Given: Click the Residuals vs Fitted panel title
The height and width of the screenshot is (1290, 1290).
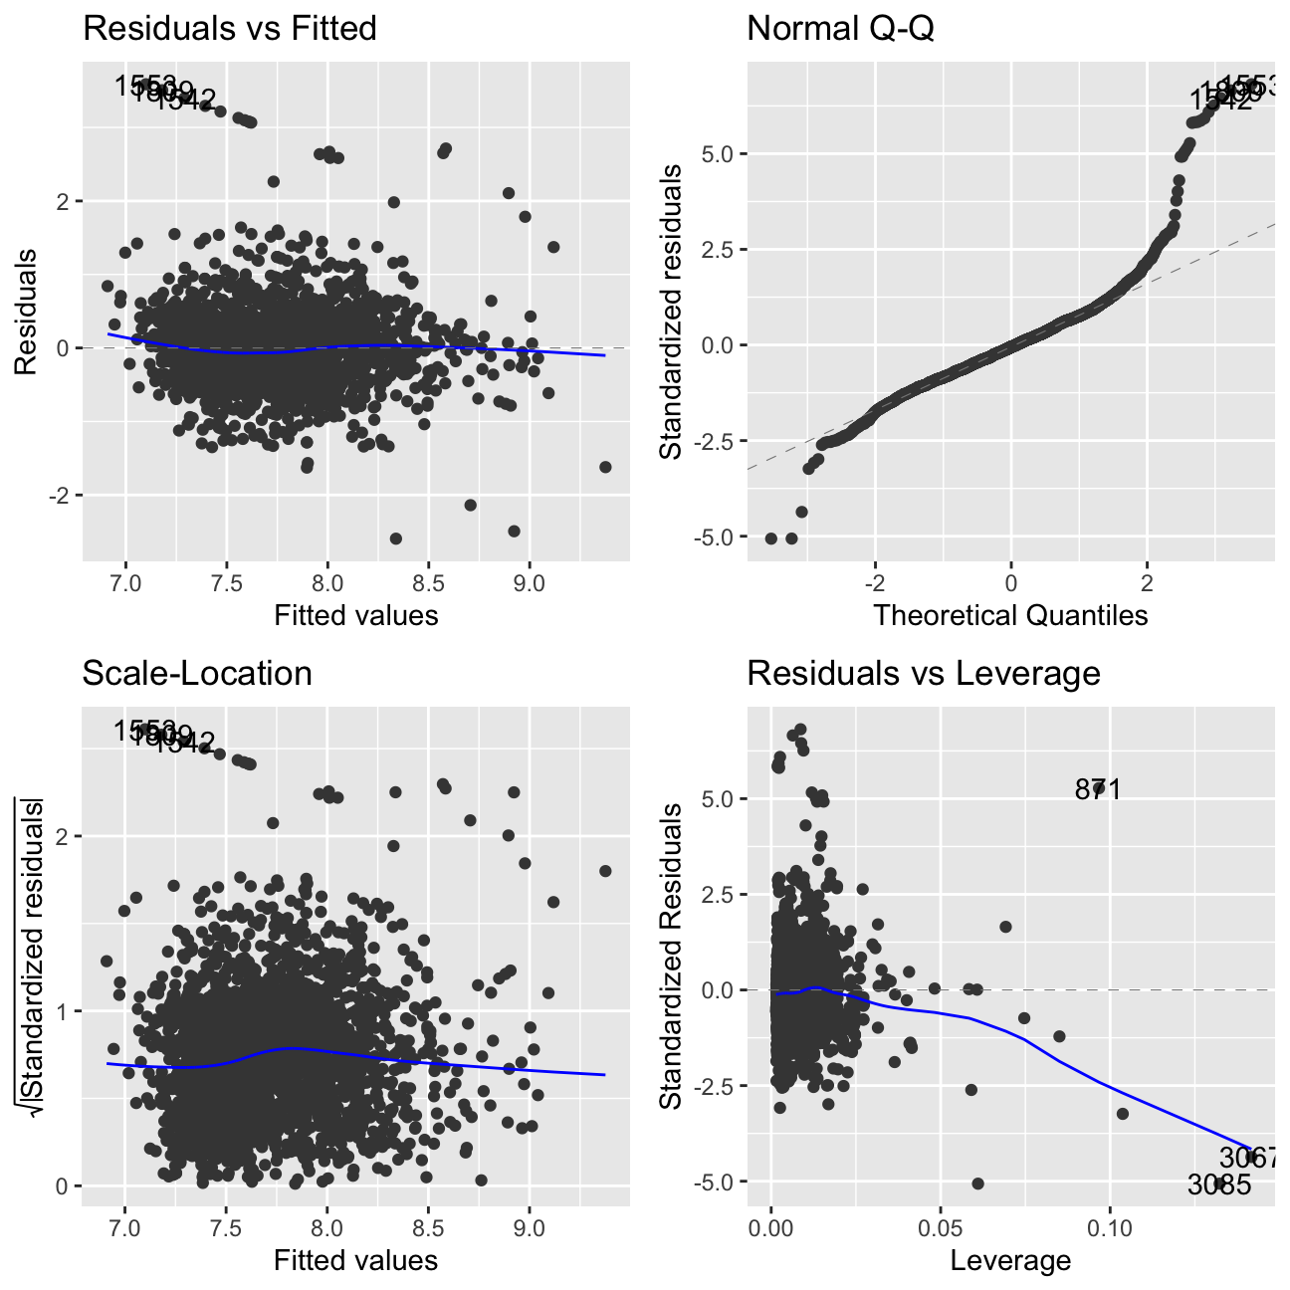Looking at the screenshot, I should tap(230, 29).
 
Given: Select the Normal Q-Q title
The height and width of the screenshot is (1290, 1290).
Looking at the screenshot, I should tap(840, 29).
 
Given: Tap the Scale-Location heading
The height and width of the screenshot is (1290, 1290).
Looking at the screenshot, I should tap(197, 674).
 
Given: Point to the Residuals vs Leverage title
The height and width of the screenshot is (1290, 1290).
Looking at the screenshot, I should tap(924, 674).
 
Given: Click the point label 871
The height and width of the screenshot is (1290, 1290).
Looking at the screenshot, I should tap(1099, 790).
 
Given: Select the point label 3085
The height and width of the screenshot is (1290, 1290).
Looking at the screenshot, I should tap(1219, 1184).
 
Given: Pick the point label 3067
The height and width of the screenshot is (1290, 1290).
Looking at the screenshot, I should tap(1248, 1158).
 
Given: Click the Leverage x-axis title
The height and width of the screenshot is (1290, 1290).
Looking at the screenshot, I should tap(1010, 1261).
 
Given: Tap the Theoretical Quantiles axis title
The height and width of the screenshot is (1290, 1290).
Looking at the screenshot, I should tap(1010, 615).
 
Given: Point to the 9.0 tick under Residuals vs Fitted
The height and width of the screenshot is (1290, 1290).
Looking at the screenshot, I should tap(529, 581).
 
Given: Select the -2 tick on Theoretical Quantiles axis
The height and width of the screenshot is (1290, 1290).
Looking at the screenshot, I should tap(874, 581).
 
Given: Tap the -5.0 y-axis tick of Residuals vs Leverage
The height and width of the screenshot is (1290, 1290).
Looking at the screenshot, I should tap(717, 1182).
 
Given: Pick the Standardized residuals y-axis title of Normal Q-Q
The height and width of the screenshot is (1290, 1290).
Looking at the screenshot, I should tap(673, 312).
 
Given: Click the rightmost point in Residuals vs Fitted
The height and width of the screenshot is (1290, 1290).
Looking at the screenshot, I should tap(605, 467).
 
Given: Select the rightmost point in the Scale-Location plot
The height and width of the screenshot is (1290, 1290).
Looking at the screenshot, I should tap(605, 871).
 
